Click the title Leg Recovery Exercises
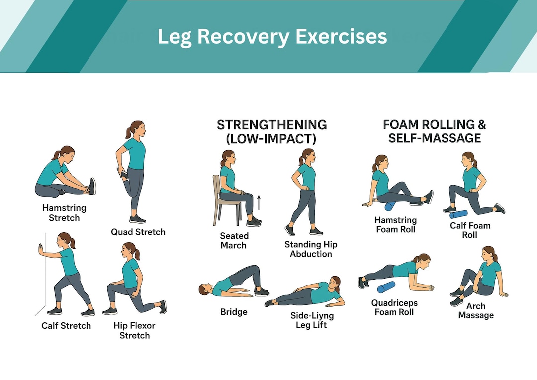(272, 36)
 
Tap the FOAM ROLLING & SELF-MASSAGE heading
(434, 131)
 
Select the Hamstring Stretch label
(65, 212)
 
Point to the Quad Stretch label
(138, 232)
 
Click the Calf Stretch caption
(66, 326)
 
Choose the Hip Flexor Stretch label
(134, 330)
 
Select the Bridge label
(234, 312)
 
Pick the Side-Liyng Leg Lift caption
(312, 320)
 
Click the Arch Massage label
(476, 310)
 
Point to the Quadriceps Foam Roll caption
(394, 307)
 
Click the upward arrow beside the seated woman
(259, 202)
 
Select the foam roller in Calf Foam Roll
(458, 214)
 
